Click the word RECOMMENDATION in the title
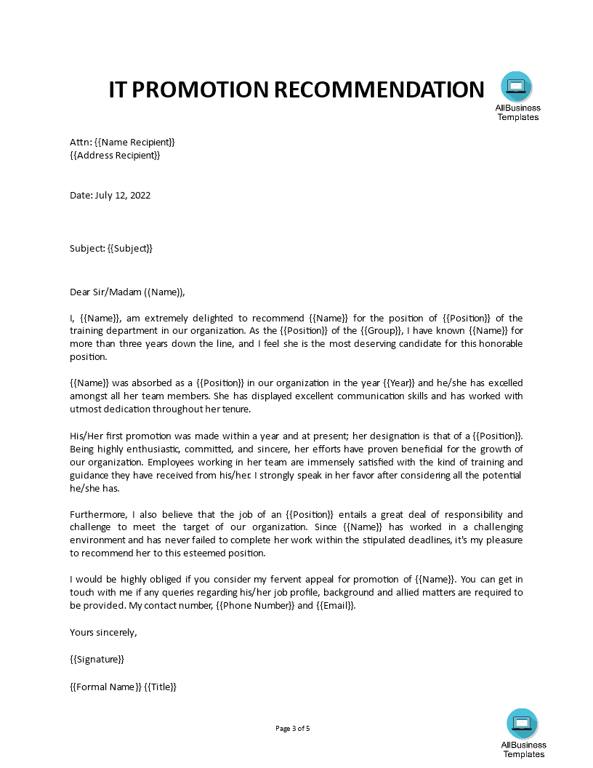[x=379, y=89]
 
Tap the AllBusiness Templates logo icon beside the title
[x=516, y=87]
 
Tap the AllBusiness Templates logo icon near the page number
[x=522, y=723]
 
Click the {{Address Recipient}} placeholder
[x=115, y=155]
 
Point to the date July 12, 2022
[x=122, y=195]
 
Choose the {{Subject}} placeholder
[x=130, y=248]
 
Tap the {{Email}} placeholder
[x=336, y=606]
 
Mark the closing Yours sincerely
[x=103, y=632]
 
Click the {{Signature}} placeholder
[x=97, y=659]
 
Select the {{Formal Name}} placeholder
[x=105, y=687]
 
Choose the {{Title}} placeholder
[x=161, y=687]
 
